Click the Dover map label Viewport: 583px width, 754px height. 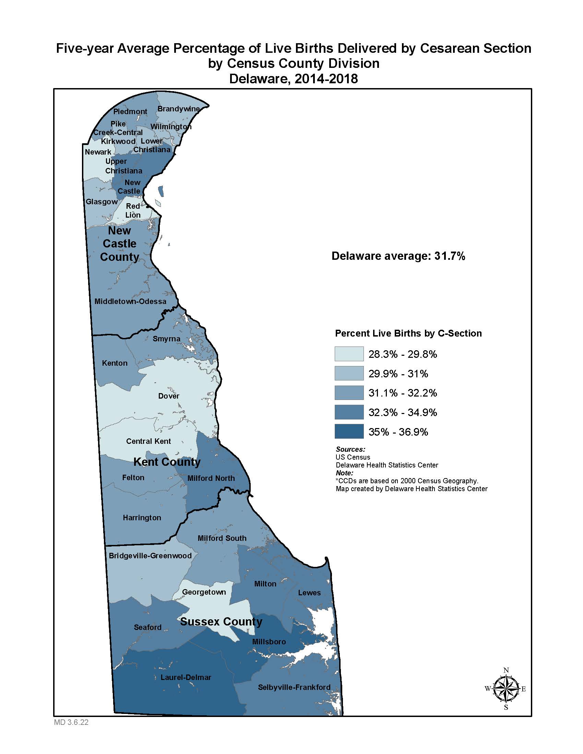(x=168, y=396)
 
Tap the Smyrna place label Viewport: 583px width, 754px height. (x=166, y=339)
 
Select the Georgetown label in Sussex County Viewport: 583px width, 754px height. (x=204, y=592)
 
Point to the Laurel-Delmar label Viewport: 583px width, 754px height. (x=186, y=677)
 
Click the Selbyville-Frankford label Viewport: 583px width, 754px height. (x=294, y=687)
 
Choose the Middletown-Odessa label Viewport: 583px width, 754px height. (x=130, y=301)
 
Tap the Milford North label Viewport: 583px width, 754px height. (x=211, y=478)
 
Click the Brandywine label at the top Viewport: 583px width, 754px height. (x=179, y=109)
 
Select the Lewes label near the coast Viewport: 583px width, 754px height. (x=309, y=593)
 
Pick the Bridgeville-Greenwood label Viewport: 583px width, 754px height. (x=150, y=556)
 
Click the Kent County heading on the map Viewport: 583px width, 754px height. (x=167, y=462)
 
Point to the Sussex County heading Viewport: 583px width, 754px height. (x=221, y=621)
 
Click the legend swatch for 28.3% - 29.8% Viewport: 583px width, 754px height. (x=349, y=354)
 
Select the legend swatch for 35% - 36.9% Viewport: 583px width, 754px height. (x=349, y=431)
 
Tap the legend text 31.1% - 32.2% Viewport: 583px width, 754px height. (x=402, y=393)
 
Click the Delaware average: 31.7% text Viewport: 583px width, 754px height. (x=398, y=256)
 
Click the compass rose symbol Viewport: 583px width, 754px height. (x=505, y=689)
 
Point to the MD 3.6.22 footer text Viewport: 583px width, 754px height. (x=71, y=722)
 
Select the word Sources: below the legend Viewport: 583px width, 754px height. (x=350, y=449)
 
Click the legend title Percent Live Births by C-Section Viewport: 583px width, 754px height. (x=408, y=333)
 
